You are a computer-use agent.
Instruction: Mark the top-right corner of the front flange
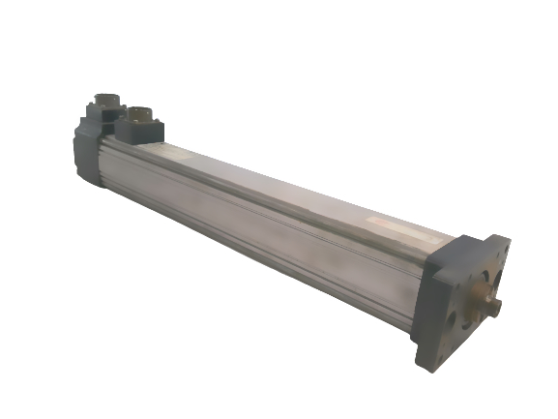point(510,238)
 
